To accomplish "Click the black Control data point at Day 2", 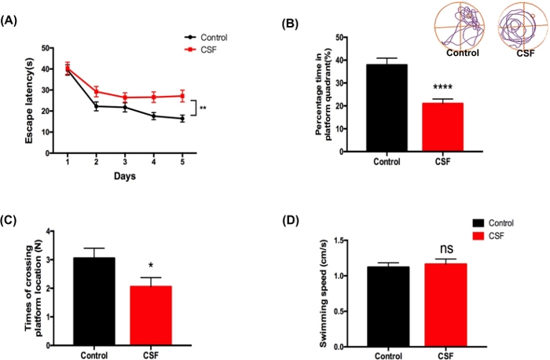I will click(96, 106).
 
